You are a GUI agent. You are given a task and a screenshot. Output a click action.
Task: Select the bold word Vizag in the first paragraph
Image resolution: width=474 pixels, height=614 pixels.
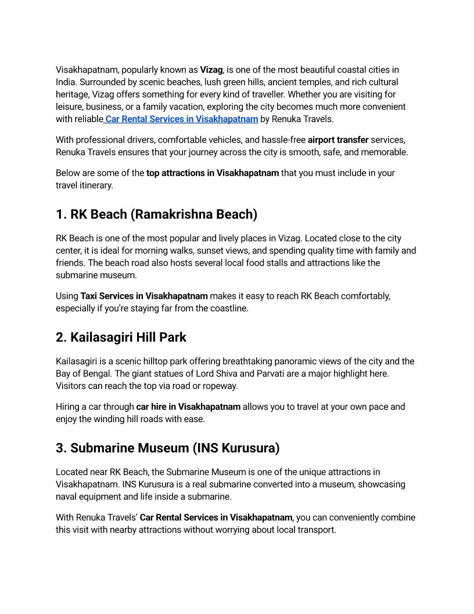[x=211, y=70]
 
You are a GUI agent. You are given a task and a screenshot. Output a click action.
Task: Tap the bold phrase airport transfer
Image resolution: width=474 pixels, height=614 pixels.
[x=338, y=140]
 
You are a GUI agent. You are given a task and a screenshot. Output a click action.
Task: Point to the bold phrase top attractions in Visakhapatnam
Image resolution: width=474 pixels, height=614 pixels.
[x=213, y=173]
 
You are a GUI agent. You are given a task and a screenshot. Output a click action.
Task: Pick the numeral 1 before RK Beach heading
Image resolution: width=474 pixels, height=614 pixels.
[x=60, y=215]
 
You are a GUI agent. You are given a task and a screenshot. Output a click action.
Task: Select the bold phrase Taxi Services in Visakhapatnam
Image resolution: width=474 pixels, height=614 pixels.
[x=144, y=296]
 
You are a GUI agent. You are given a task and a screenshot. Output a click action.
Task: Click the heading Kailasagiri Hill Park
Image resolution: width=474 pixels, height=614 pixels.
[x=128, y=337]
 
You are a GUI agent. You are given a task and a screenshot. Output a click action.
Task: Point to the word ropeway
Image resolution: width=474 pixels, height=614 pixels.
[x=220, y=385]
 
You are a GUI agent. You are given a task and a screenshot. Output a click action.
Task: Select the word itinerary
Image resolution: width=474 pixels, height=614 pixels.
[x=96, y=185]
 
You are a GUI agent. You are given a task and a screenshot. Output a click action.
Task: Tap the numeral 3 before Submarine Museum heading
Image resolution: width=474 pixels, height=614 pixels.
[x=60, y=448]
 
